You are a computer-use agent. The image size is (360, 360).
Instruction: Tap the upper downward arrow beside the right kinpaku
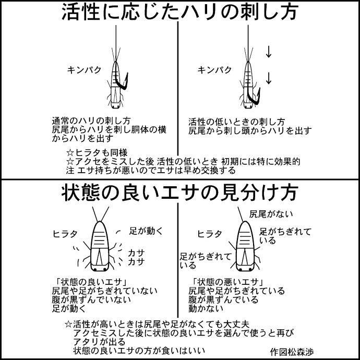[269, 52]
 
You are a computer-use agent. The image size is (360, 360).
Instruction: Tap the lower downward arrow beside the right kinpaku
[269, 78]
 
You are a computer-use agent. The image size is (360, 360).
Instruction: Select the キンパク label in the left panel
[84, 70]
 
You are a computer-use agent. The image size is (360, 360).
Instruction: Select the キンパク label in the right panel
[214, 70]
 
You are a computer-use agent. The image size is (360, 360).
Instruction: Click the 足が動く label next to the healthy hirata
[146, 231]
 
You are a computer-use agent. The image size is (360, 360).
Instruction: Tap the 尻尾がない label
[271, 214]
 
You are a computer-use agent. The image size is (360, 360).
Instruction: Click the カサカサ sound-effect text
[136, 257]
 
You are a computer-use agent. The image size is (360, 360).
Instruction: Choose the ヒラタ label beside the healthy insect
[65, 234]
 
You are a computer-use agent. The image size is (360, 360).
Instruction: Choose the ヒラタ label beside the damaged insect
[210, 234]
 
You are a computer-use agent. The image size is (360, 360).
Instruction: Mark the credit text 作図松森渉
[292, 352]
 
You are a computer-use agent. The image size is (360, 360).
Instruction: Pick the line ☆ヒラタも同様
[97, 152]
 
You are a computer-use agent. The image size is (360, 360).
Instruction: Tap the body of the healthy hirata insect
[100, 246]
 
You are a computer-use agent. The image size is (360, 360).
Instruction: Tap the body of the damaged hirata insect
[245, 246]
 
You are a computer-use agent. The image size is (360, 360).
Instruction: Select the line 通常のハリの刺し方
[91, 121]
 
